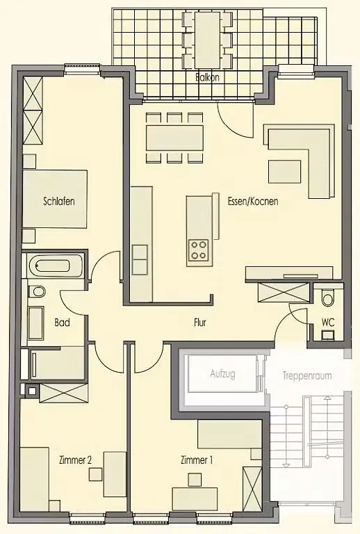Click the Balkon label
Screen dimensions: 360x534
click(x=208, y=78)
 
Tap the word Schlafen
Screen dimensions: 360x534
click(x=59, y=201)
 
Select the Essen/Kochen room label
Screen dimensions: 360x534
click(x=253, y=201)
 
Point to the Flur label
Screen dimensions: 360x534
click(x=200, y=323)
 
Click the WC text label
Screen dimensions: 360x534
click(x=328, y=322)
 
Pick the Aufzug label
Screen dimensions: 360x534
click(x=222, y=374)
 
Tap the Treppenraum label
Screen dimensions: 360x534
click(x=307, y=376)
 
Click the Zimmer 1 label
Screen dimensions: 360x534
click(x=197, y=460)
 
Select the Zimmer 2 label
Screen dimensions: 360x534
click(x=75, y=460)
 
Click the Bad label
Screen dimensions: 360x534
click(x=63, y=323)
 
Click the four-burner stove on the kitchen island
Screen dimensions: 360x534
click(x=199, y=250)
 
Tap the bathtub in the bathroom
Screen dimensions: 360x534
click(x=55, y=266)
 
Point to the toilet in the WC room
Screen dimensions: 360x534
click(x=328, y=298)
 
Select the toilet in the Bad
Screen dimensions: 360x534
click(x=36, y=291)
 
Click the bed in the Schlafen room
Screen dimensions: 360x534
click(x=55, y=200)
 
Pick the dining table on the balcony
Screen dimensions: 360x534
click(x=207, y=40)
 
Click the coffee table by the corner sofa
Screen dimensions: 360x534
click(x=285, y=172)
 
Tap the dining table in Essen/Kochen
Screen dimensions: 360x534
click(x=175, y=138)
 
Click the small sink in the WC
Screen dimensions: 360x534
click(x=327, y=334)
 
